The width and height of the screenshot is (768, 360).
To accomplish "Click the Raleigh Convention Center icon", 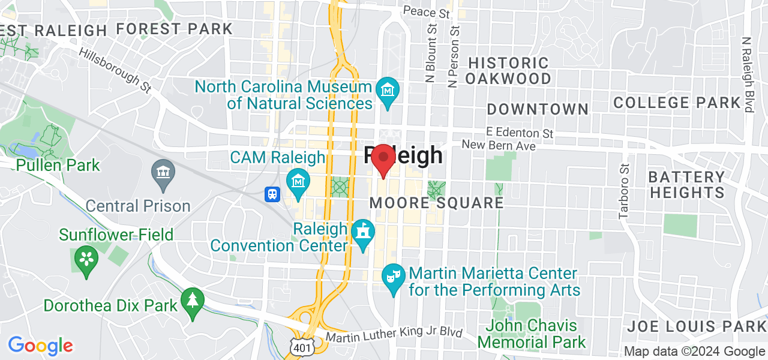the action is point(363,232).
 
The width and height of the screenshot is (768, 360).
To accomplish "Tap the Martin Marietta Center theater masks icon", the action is point(394,277).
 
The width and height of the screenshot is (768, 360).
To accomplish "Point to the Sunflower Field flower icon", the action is point(86,259).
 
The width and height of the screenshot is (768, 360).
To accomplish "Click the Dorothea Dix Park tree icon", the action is point(192,299).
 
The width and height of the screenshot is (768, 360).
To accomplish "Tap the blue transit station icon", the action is point(272,194).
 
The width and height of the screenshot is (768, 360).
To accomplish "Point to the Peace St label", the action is point(427,12).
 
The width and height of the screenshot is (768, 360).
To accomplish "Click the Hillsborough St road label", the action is point(115,69).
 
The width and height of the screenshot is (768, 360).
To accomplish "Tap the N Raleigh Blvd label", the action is point(747,75).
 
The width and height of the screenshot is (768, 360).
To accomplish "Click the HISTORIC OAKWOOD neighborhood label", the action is point(508,71).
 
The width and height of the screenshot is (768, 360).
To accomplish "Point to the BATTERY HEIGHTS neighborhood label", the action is point(687,185).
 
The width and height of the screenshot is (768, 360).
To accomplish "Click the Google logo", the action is point(40,346).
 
